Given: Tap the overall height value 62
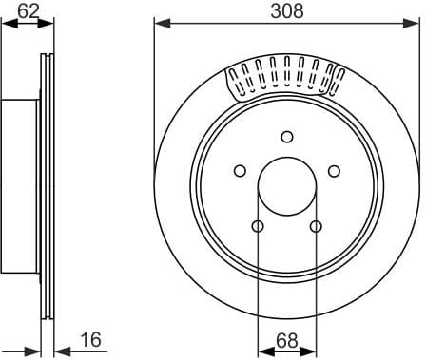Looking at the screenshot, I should point(29,10).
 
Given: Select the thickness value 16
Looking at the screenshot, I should point(90,339).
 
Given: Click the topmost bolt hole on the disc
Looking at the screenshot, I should point(286,137).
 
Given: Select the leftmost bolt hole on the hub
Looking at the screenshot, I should point(240,171).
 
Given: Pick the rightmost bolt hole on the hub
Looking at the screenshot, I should point(334,171).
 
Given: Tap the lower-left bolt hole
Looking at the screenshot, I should point(258,225).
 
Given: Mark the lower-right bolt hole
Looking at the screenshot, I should point(316,225).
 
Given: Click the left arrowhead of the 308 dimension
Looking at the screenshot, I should point(159,23).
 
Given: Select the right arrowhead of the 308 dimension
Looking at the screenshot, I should point(415,23).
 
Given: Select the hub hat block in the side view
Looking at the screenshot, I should point(21,185).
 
